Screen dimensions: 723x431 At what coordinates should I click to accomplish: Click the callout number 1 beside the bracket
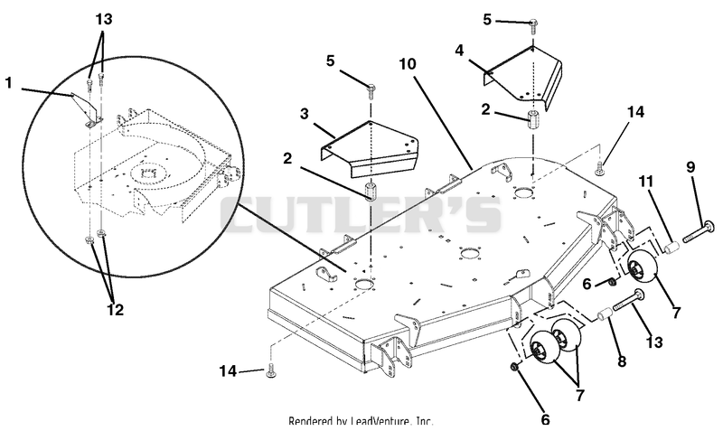[9, 83]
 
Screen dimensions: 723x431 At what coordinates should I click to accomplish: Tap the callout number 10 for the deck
[408, 64]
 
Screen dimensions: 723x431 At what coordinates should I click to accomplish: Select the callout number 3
[304, 113]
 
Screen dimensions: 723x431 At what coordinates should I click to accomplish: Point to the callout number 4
[459, 51]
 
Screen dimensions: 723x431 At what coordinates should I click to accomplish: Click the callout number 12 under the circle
[116, 310]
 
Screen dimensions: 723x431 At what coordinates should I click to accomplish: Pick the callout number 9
[690, 167]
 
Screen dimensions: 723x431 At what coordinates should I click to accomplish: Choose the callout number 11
[646, 182]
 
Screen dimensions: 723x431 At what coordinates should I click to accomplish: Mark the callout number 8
[622, 361]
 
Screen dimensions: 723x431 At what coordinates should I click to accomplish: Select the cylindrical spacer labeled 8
[605, 314]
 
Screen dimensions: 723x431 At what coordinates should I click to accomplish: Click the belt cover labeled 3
[369, 149]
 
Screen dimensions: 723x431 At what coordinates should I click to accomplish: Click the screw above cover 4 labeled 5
[532, 25]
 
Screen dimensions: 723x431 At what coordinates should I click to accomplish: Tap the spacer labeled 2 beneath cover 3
[370, 192]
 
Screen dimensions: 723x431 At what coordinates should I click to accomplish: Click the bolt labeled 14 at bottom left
[270, 371]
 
